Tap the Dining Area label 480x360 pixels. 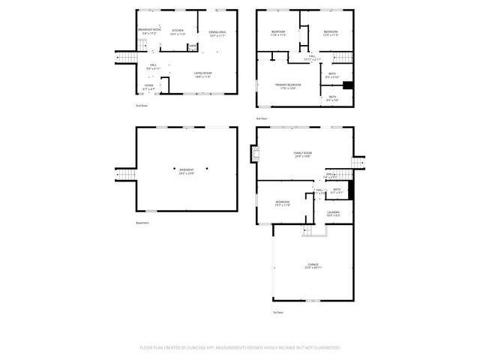(x=217, y=32)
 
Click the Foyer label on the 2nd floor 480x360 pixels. (x=150, y=87)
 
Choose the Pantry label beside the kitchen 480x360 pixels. (x=193, y=46)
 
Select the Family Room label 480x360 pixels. (x=302, y=154)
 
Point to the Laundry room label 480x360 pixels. (x=333, y=214)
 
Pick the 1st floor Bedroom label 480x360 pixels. (x=282, y=204)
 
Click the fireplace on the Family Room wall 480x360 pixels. (x=255, y=155)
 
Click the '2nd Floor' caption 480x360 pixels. (x=141, y=106)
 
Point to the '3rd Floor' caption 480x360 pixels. (x=261, y=118)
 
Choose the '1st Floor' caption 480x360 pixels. (x=278, y=312)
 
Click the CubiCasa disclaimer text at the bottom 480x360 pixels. (x=240, y=348)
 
